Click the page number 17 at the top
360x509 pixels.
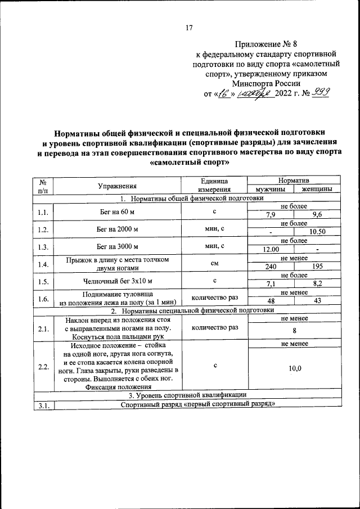(190, 28)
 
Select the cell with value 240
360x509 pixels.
(271, 268)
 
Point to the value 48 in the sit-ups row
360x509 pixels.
(271, 301)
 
